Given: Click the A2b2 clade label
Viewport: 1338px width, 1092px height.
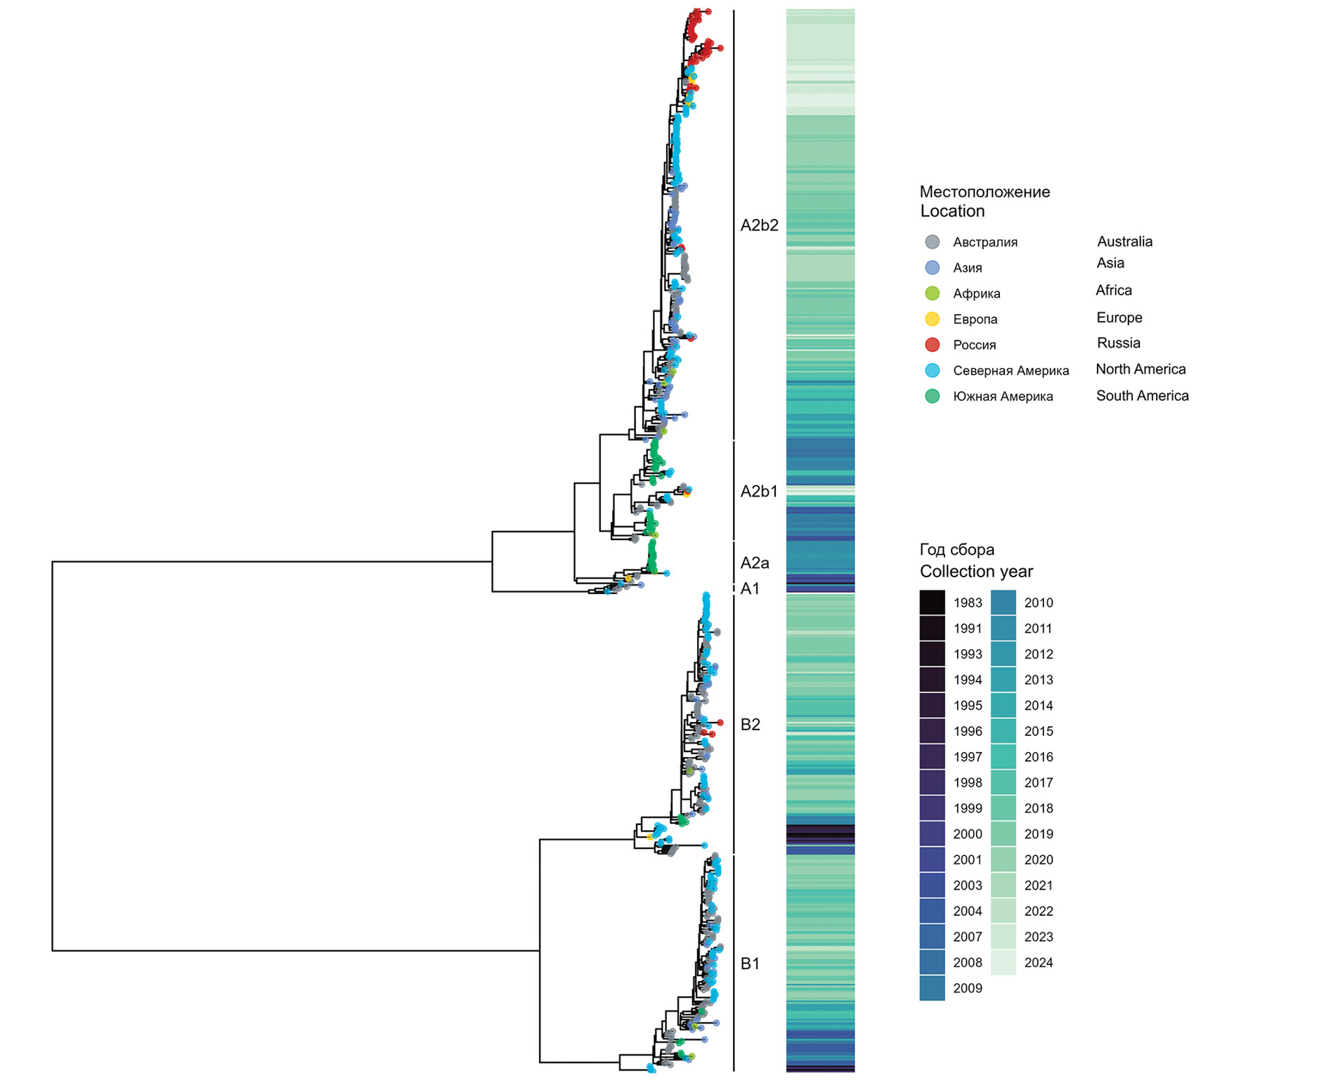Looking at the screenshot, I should tap(759, 225).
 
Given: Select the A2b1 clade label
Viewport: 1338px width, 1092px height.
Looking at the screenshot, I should tap(759, 492).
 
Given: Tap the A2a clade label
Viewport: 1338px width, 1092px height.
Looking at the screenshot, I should tap(755, 563).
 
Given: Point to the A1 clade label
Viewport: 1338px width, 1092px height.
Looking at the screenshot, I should tap(750, 589).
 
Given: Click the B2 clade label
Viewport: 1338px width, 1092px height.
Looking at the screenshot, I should tap(751, 725).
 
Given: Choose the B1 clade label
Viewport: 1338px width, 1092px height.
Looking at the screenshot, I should tap(751, 964).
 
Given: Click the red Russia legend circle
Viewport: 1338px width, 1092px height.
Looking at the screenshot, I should tap(933, 345).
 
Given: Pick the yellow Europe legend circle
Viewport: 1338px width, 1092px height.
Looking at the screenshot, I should tap(933, 319).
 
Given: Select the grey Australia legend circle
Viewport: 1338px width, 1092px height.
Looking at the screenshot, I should tap(933, 242).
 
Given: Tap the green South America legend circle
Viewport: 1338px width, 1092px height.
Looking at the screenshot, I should tap(933, 396).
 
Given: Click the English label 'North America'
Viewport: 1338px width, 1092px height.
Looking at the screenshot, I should tap(1140, 369).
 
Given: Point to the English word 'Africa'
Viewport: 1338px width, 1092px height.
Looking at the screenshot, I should tap(1113, 291).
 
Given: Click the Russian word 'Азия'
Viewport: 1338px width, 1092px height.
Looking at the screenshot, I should tap(967, 268).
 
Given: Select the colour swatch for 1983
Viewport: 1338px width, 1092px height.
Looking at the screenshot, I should tap(933, 603).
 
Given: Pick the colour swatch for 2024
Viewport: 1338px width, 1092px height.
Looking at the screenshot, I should tap(1003, 963).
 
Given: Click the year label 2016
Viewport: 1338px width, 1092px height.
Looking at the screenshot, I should tap(1038, 757).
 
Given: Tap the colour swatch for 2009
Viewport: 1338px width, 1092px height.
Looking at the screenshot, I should tap(933, 988).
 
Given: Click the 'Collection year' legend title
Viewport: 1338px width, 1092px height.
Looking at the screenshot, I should tap(976, 572).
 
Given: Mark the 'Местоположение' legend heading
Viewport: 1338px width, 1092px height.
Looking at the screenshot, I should tap(985, 192).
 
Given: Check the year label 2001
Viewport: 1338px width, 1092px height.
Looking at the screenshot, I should tap(967, 860).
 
